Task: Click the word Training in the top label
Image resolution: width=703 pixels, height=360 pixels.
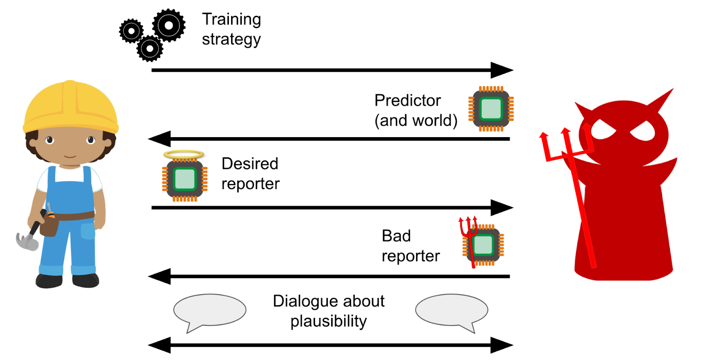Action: click(231, 19)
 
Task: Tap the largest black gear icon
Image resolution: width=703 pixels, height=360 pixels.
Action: click(169, 25)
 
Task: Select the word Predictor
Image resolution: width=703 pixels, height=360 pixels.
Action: click(407, 101)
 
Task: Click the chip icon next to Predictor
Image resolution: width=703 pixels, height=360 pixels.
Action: click(491, 109)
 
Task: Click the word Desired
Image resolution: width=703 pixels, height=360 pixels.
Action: click(250, 164)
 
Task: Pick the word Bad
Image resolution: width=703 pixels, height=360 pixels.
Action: click(396, 236)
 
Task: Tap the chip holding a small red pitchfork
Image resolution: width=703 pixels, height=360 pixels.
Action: click(483, 245)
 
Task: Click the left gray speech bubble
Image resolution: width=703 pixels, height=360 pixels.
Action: click(210, 310)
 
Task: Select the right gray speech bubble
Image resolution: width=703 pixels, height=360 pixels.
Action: click(452, 310)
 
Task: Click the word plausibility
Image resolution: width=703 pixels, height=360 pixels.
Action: click(328, 321)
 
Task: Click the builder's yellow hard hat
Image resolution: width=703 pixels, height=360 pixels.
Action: click(70, 108)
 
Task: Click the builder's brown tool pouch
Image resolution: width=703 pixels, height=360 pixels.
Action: click(49, 225)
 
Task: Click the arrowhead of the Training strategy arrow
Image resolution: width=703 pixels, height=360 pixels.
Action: click(502, 70)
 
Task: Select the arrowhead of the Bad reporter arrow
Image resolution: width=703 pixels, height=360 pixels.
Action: click(159, 276)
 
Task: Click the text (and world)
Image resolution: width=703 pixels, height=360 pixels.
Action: click(416, 120)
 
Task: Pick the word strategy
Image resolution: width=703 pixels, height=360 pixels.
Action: click(231, 40)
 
